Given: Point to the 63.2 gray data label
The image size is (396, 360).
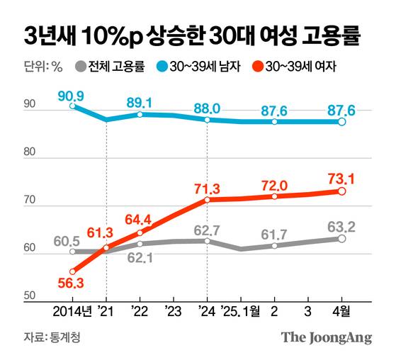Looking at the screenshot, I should coord(341,227).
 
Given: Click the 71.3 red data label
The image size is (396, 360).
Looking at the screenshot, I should coord(206,187).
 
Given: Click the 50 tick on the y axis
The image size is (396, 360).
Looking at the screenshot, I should coord(30,298).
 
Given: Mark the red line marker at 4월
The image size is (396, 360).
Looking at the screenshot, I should coord(341,191).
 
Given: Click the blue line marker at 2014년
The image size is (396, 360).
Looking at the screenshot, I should coord(73,106).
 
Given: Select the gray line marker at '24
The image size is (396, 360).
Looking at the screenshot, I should coord(206,241).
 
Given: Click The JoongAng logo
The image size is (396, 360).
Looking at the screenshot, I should coord(327,338).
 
